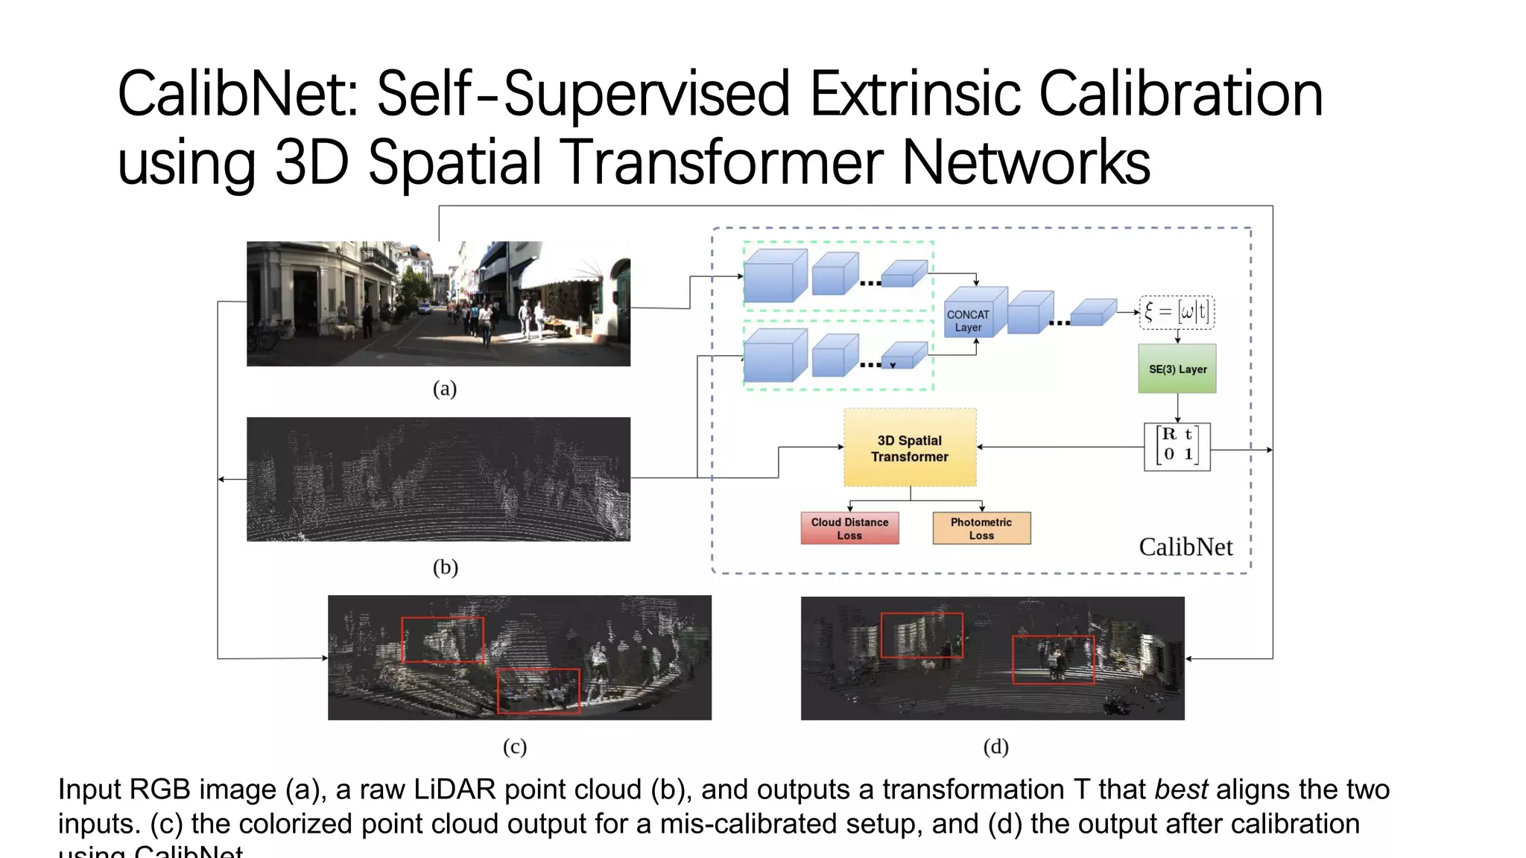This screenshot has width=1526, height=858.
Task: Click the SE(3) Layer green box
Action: [1177, 369]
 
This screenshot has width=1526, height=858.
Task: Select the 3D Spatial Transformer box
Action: [909, 448]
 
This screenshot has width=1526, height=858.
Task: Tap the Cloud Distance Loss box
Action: [849, 528]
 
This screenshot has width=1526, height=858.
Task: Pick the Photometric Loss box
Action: [981, 528]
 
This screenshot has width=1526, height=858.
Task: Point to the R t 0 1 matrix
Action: [1177, 446]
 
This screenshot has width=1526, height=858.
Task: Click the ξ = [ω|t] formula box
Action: [1177, 312]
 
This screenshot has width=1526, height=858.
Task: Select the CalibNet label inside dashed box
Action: [1185, 547]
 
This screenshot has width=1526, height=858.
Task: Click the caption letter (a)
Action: [445, 389]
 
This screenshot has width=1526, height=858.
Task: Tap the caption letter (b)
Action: [445, 568]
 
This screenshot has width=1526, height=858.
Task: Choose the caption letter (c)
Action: [515, 746]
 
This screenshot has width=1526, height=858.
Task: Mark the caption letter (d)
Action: [995, 746]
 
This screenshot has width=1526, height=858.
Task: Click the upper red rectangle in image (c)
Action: [443, 640]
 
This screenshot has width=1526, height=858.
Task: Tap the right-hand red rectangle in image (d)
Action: [1053, 660]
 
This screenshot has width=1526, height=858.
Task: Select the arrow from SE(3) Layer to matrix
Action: [1177, 407]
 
